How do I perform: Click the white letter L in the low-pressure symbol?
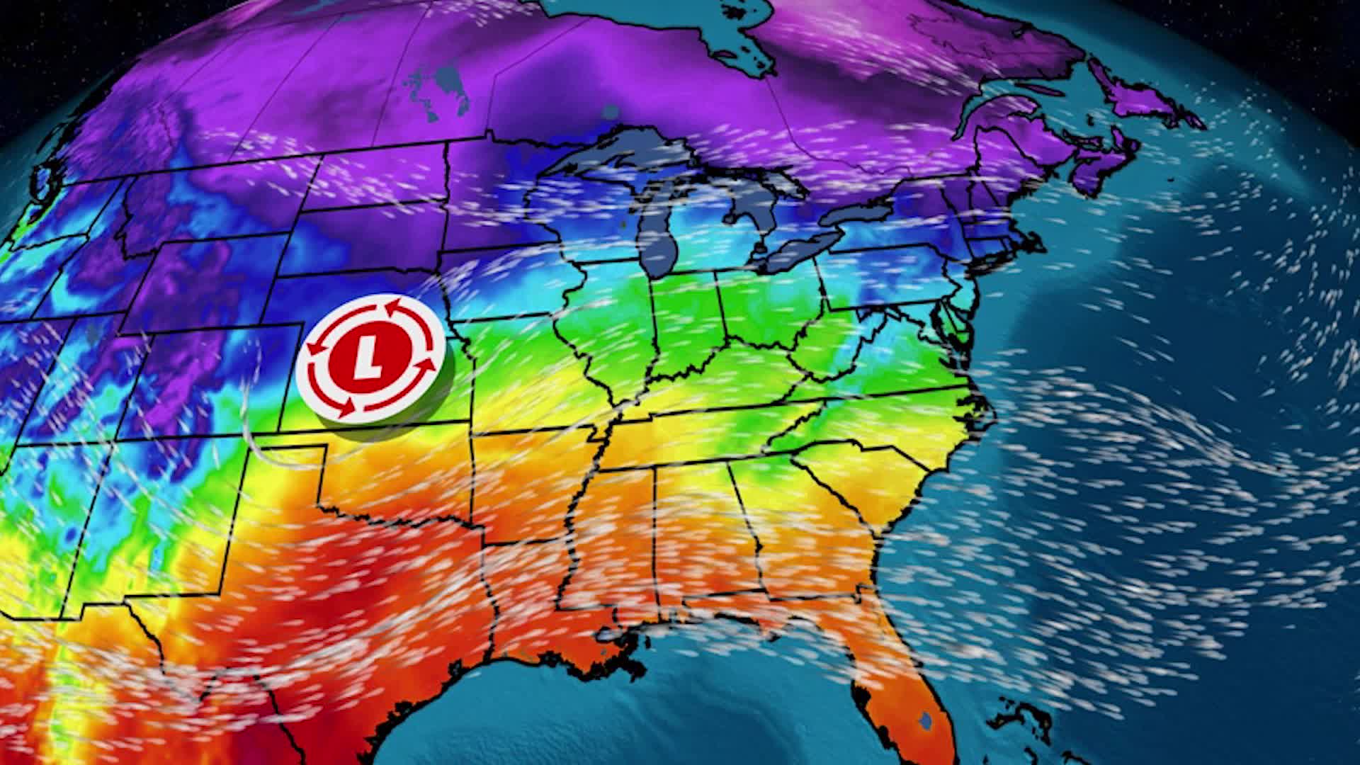(x=368, y=356)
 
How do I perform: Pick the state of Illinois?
(x=602, y=333)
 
